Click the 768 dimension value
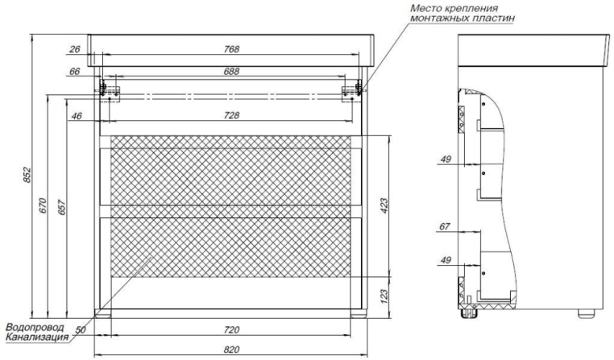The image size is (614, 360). (x=232, y=50)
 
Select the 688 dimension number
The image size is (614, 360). (x=232, y=72)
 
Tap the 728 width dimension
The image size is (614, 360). (x=232, y=116)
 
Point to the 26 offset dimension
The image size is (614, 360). (x=76, y=50)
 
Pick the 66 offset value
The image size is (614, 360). (x=76, y=72)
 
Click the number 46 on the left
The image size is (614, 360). (x=77, y=116)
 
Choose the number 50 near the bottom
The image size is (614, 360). (x=80, y=329)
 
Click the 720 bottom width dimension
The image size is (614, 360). (x=231, y=331)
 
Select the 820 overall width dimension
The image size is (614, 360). (x=231, y=349)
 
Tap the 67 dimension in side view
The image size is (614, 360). (x=444, y=227)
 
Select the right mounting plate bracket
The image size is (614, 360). (x=352, y=89)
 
